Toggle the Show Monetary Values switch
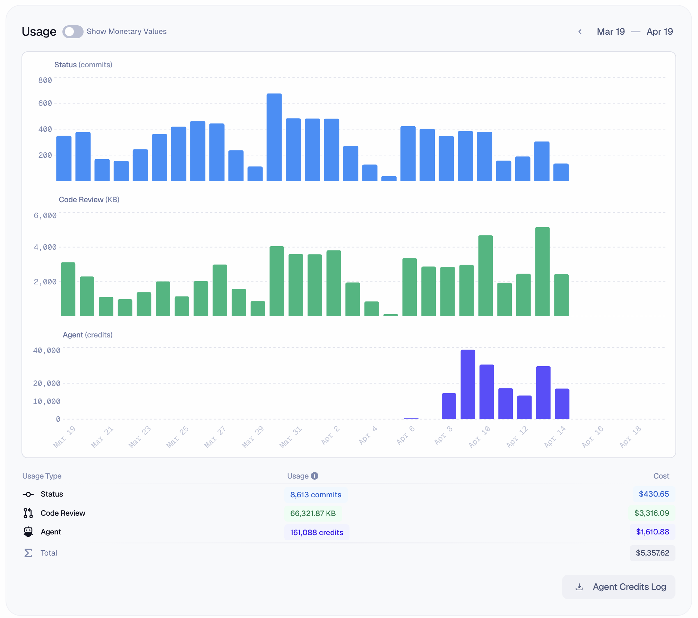72,32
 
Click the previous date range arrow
580,32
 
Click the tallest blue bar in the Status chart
274,137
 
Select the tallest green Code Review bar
542,272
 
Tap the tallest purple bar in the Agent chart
467,384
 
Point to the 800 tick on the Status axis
45,80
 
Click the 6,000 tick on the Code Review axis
45,216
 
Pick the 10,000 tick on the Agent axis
46,402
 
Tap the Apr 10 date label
480,437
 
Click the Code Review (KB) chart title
89,200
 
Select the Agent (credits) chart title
87,335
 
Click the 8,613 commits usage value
316,495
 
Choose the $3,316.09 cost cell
652,513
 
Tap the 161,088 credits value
317,533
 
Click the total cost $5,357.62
652,553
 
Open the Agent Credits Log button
619,587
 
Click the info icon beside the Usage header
314,476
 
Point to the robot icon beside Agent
28,532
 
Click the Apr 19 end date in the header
660,32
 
